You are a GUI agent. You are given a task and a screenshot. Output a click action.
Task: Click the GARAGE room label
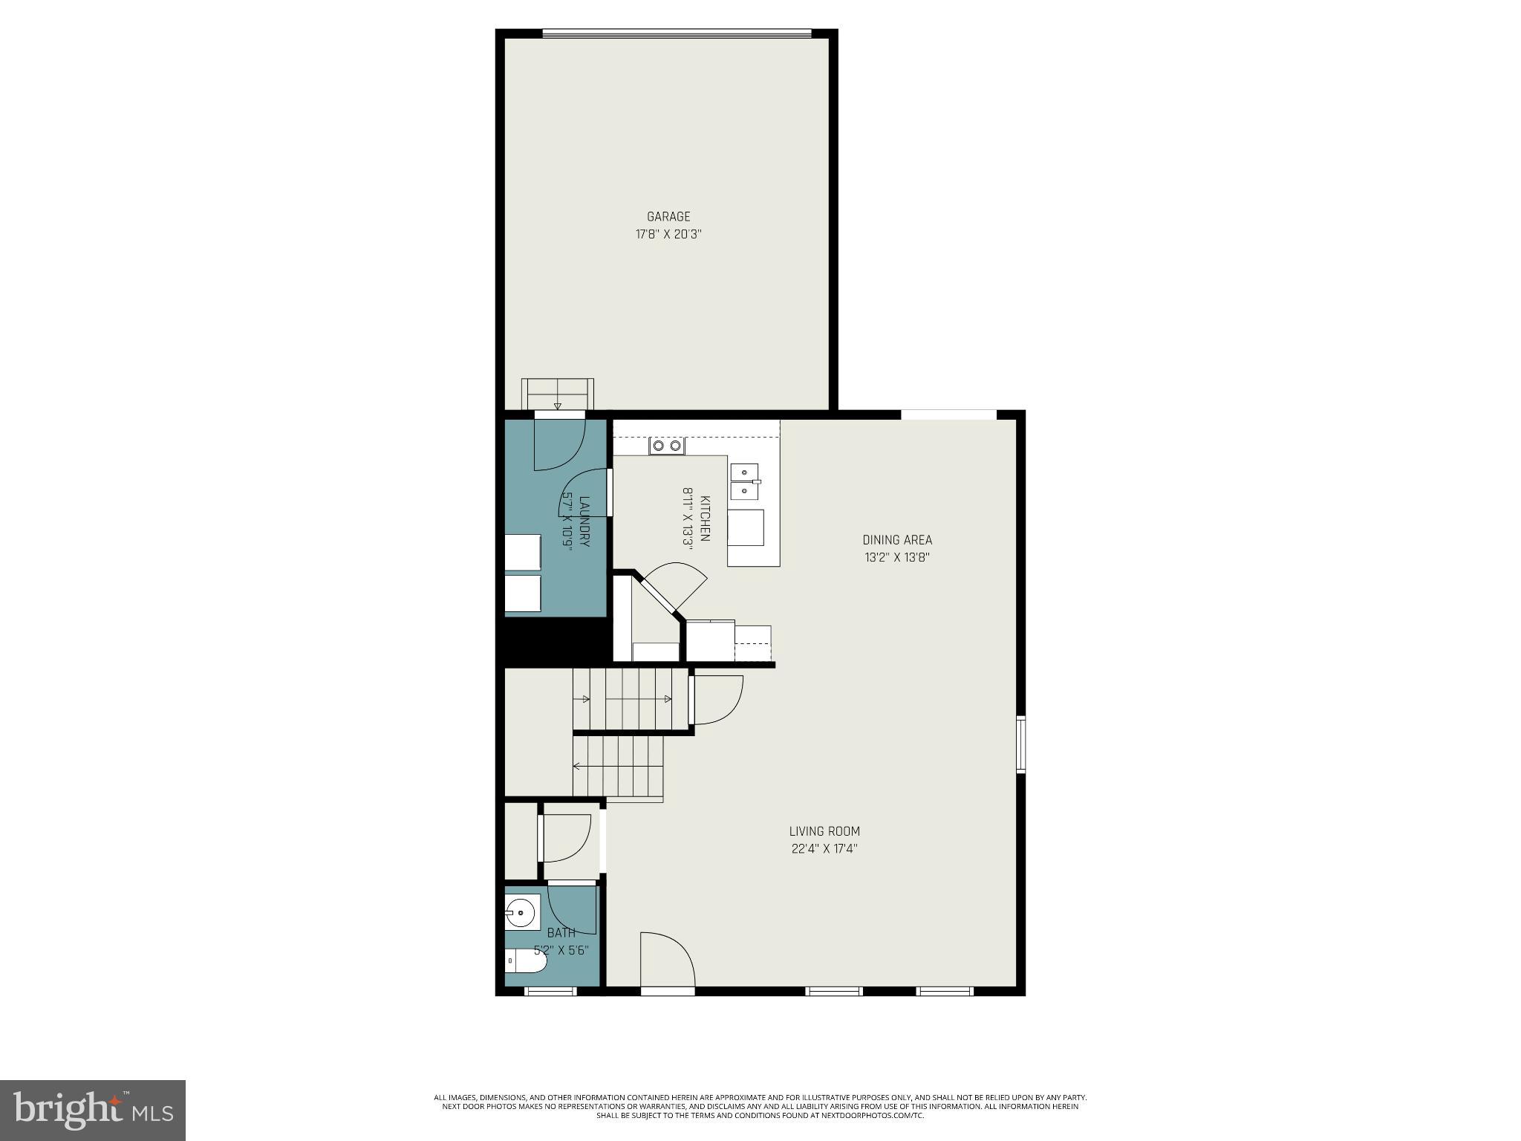(668, 217)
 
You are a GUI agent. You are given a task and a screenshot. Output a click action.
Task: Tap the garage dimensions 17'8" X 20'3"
(668, 235)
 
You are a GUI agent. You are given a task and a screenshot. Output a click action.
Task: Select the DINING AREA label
(896, 540)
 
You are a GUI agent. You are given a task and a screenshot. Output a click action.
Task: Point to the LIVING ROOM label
(824, 831)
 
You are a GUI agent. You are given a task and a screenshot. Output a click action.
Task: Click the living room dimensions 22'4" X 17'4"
(824, 848)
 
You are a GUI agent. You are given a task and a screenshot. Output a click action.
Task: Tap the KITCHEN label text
(705, 519)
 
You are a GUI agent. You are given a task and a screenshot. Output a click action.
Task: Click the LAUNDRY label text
(584, 521)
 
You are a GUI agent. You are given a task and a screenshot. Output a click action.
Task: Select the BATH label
(561, 933)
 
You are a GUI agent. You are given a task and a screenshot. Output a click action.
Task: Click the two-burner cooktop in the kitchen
(666, 446)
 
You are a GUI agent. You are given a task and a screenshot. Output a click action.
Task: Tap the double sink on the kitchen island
(745, 481)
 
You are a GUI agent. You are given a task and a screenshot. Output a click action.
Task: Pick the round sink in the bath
(521, 913)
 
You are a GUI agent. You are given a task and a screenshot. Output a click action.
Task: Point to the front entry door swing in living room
(667, 960)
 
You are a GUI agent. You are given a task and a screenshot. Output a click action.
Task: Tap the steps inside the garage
(558, 393)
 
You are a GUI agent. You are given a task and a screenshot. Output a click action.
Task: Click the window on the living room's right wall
(1021, 744)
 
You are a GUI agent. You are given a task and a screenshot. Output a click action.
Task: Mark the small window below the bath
(550, 991)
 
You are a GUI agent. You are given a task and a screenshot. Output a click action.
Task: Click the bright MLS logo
(93, 1110)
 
